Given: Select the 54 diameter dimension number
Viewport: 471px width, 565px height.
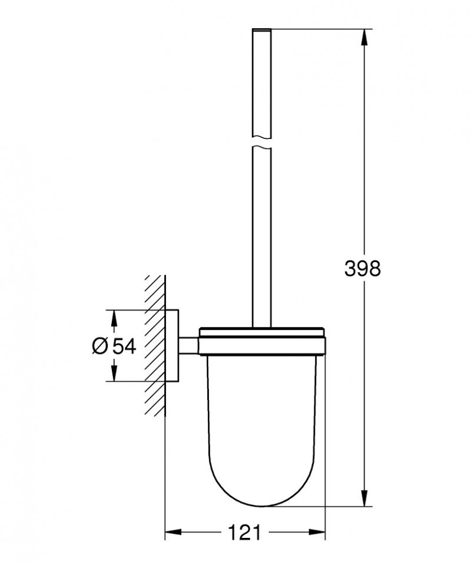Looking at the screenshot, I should tap(124, 346).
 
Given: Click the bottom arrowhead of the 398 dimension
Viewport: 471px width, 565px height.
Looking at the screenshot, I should tap(366, 498).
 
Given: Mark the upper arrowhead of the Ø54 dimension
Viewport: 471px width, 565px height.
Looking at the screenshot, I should tap(115, 318).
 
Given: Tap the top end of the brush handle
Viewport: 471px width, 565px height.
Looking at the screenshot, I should tap(262, 29).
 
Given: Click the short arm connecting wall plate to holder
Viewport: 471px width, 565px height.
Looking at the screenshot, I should tap(189, 345).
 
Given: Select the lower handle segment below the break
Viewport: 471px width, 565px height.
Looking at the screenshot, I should tap(262, 236).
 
